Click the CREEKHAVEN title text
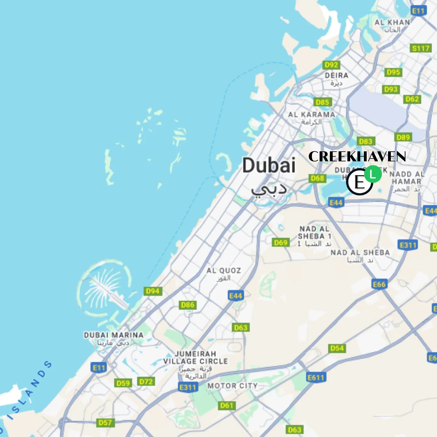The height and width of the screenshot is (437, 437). click(357, 156)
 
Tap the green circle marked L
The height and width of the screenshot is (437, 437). click(373, 174)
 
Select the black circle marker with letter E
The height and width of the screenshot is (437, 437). click(359, 182)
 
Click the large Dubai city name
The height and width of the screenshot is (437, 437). click(269, 165)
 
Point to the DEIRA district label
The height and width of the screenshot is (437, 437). click(337, 75)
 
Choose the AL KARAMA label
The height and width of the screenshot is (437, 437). click(311, 115)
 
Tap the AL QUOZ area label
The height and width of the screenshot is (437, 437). click(224, 271)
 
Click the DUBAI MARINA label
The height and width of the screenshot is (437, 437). click(114, 335)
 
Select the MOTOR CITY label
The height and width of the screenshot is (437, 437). click(232, 386)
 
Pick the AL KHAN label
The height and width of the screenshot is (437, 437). click(392, 23)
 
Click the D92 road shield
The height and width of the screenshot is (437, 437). click(331, 65)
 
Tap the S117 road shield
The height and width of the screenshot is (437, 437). click(421, 48)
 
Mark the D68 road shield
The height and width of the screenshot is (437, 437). click(317, 178)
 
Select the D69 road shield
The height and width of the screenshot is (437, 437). click(281, 242)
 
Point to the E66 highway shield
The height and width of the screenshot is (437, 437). click(379, 284)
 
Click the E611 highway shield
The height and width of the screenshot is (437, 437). click(316, 377)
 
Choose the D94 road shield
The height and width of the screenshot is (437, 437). click(153, 291)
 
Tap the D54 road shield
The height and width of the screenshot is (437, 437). click(337, 348)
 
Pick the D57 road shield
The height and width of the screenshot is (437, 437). click(105, 423)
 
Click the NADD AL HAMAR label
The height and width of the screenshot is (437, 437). click(407, 178)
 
